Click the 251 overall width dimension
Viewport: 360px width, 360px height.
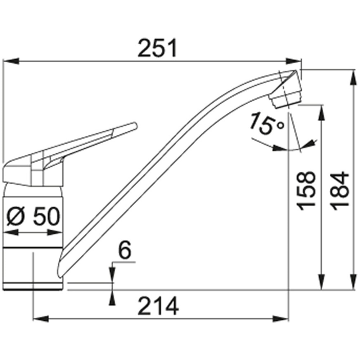tap(158, 48)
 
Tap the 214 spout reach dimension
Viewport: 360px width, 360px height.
tap(158, 306)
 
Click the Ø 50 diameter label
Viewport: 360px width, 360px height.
tap(33, 216)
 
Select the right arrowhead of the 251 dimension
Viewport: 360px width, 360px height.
tap(293, 61)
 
